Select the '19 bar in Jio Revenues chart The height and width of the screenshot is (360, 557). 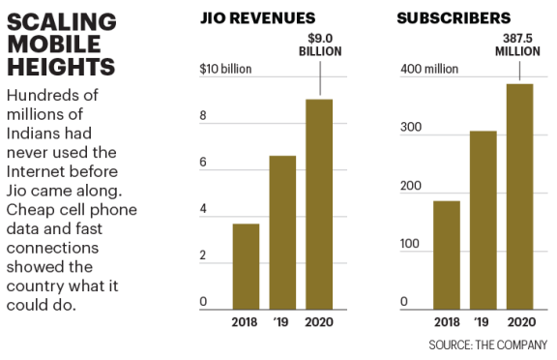tap(282, 232)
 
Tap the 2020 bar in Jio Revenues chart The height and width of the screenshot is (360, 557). tap(319, 203)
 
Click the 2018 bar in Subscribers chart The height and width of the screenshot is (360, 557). tap(447, 255)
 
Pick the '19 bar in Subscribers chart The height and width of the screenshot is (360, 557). tap(484, 220)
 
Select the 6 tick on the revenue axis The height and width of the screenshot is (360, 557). tap(204, 163)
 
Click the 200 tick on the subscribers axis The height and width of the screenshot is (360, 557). tap(411, 186)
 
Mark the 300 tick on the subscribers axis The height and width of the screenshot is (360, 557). tap(411, 129)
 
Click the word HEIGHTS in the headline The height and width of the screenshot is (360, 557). tap(61, 66)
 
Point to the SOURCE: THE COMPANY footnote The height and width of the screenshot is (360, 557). tap(488, 345)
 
